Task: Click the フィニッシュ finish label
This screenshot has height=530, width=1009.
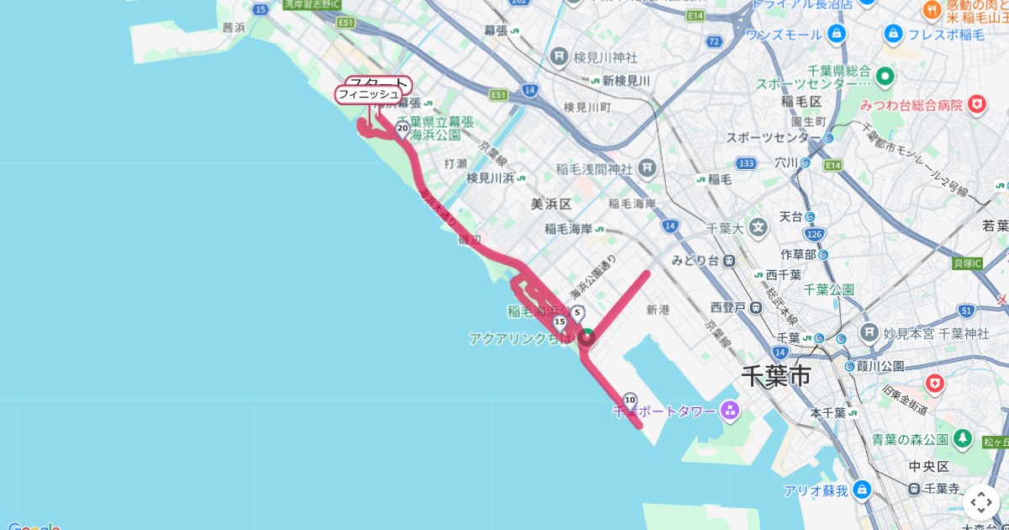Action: (368, 94)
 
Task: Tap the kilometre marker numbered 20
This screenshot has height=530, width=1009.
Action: (402, 129)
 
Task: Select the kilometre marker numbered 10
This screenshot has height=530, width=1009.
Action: (630, 400)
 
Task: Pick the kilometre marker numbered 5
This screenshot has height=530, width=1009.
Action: (577, 314)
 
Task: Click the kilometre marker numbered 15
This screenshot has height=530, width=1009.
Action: (560, 322)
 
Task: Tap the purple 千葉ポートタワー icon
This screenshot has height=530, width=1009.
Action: (729, 411)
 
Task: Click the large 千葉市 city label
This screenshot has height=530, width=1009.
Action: (776, 375)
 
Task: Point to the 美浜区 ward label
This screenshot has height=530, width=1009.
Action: (551, 204)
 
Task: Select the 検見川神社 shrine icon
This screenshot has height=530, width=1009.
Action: (559, 57)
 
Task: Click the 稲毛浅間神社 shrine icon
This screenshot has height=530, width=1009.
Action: (646, 168)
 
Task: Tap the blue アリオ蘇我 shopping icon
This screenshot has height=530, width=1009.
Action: (861, 490)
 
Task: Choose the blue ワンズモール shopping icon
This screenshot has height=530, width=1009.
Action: (836, 34)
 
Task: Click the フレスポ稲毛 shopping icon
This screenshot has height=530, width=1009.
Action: (893, 34)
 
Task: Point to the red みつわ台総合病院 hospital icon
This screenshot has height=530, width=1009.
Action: (976, 105)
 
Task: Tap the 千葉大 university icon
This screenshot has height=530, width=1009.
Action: (759, 227)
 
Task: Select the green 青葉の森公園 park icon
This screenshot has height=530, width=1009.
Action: (964, 439)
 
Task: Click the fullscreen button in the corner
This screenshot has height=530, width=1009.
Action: (981, 502)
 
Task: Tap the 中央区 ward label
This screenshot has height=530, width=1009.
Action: (929, 466)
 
